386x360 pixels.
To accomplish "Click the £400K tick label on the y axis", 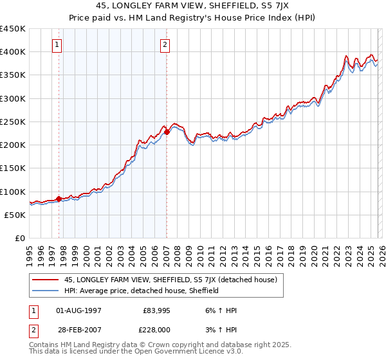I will pyautogui.click(x=13, y=52).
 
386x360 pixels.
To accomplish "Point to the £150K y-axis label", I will pyautogui.click(x=13, y=168).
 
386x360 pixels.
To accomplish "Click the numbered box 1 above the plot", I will pyautogui.click(x=58, y=45).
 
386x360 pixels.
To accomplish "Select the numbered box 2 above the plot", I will pyautogui.click(x=165, y=45).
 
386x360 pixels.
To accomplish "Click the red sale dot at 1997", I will pyautogui.click(x=59, y=199).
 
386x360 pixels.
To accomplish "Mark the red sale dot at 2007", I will pyautogui.click(x=167, y=132).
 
